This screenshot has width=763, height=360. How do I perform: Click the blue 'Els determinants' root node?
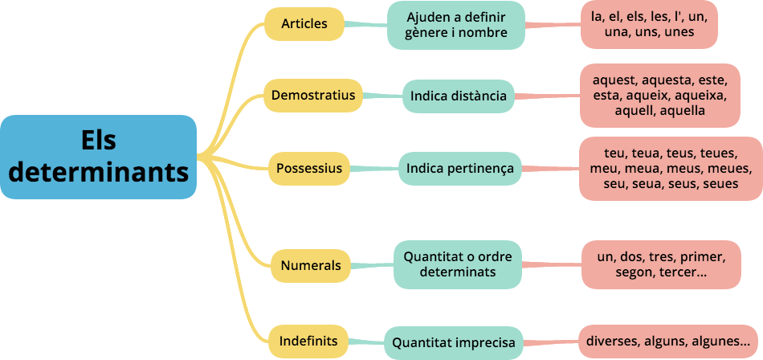tap(99, 157)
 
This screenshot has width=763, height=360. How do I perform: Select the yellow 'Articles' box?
tap(304, 23)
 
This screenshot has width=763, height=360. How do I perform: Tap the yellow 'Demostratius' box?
tap(312, 96)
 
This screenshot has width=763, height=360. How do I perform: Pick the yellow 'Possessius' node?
tap(309, 168)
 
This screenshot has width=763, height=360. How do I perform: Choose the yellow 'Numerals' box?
tap(311, 265)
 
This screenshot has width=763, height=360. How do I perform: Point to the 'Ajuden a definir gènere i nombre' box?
tap(456, 24)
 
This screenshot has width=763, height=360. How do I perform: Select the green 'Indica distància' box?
tap(459, 96)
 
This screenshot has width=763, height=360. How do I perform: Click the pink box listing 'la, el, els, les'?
tap(649, 24)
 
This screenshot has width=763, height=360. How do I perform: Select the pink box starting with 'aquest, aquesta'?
tap(659, 96)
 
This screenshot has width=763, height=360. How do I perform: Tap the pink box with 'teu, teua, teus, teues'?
tap(671, 168)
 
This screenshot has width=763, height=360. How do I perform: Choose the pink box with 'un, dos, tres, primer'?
tap(661, 264)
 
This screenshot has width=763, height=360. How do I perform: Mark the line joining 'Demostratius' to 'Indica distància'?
tap(382, 96)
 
